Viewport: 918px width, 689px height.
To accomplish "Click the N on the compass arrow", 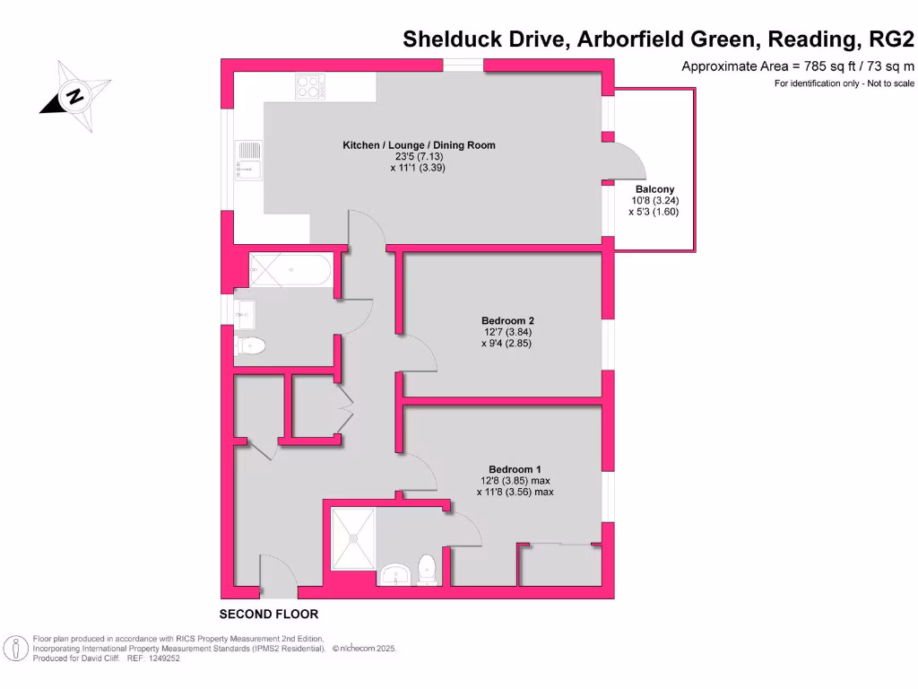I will pyautogui.click(x=76, y=96).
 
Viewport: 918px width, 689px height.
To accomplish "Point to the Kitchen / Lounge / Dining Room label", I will pyautogui.click(x=419, y=144).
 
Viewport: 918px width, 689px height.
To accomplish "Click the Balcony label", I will pyautogui.click(x=654, y=189).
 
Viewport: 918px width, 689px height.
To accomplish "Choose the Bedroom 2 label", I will pyautogui.click(x=507, y=320).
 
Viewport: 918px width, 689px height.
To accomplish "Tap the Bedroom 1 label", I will pyautogui.click(x=515, y=469).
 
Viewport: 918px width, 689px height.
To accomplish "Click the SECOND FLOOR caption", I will pyautogui.click(x=269, y=615).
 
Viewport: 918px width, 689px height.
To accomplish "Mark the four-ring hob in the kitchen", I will pyautogui.click(x=310, y=86).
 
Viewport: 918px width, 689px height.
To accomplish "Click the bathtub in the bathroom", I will pyautogui.click(x=290, y=269).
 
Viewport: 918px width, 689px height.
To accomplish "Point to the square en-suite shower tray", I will pyautogui.click(x=353, y=538).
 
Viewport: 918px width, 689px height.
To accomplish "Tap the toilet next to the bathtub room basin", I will pyautogui.click(x=250, y=345).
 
